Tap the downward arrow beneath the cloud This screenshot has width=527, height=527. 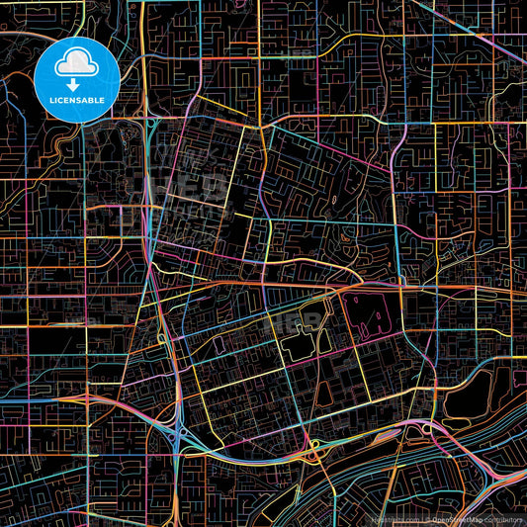[75, 85]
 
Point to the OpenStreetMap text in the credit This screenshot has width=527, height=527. [464, 518]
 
